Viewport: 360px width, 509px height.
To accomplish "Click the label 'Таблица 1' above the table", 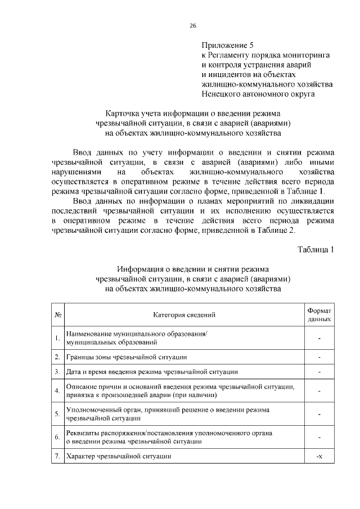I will [x=316, y=249].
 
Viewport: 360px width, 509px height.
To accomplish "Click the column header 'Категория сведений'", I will [x=184, y=314].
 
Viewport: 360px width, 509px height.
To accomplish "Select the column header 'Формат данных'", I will [x=319, y=314].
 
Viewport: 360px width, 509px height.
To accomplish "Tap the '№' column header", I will [x=57, y=314].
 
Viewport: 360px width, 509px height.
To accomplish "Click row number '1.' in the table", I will [x=57, y=338].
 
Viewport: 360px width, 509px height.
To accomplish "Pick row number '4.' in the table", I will [x=57, y=390].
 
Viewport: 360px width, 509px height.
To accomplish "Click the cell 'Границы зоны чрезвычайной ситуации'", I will [x=126, y=357].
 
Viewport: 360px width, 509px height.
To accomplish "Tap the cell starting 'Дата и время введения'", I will [x=152, y=372].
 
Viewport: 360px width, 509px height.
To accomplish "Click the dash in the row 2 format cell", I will [x=319, y=357].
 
